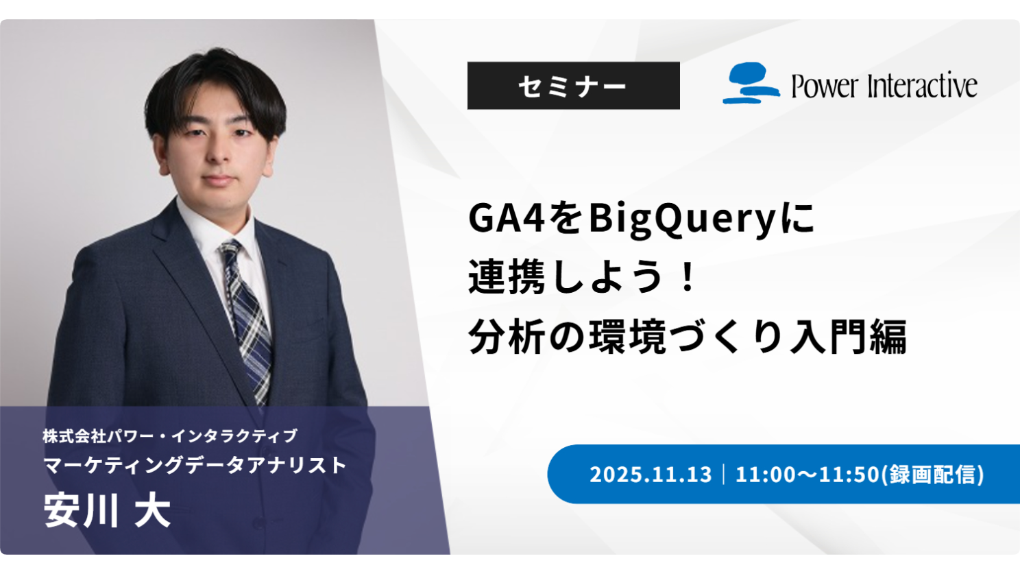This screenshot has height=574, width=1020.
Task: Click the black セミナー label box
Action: [x=573, y=86]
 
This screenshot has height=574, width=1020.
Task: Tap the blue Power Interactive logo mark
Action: [x=751, y=83]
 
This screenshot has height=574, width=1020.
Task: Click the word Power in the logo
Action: [x=825, y=86]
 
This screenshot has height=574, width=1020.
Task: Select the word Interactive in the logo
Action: [x=922, y=85]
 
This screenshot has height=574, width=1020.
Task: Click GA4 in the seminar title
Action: [x=507, y=219]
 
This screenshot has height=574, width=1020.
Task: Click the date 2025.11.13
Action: [x=651, y=475]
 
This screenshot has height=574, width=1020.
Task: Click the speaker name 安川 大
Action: [x=108, y=510]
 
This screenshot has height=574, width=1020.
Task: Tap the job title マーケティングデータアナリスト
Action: [x=195, y=466]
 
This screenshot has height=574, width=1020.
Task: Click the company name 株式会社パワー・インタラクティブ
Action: [x=170, y=436]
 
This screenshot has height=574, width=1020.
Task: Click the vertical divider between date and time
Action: [x=724, y=475]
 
